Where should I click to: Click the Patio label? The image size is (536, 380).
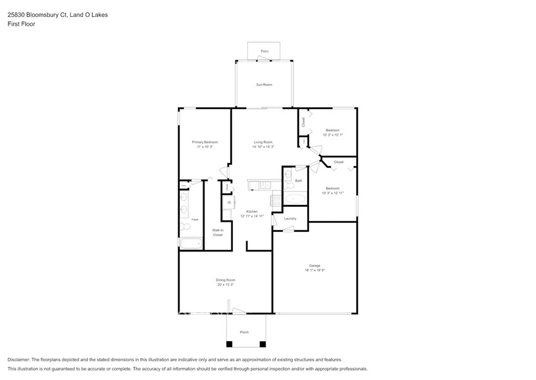click(x=264, y=51)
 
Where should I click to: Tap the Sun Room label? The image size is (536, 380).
click(x=264, y=85)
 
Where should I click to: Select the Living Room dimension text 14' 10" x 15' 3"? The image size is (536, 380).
click(x=263, y=147)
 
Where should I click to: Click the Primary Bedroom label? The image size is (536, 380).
click(x=204, y=142)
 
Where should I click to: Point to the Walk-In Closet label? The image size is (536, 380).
click(x=218, y=232)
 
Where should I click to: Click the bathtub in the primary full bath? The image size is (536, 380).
click(x=191, y=244)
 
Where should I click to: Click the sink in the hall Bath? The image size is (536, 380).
click(x=288, y=175)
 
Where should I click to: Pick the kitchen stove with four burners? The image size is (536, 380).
click(x=276, y=200)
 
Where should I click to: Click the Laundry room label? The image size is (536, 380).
click(x=290, y=218)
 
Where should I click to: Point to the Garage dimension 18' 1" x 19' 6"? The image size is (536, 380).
click(x=315, y=270)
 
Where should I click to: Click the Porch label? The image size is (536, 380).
click(x=244, y=332)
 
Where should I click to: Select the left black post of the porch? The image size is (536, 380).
click(x=228, y=344)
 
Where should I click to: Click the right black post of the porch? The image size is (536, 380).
click(x=262, y=344)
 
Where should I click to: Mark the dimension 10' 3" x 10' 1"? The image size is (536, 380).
click(x=332, y=134)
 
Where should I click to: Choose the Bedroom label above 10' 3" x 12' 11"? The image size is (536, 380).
click(x=332, y=188)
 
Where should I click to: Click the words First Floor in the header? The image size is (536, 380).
click(x=21, y=24)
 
